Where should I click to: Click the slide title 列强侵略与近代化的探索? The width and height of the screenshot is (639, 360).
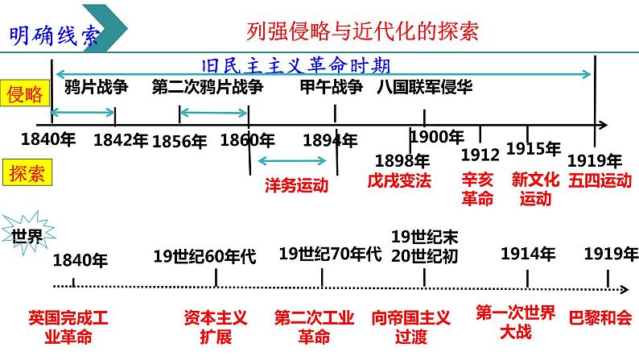click(362, 31)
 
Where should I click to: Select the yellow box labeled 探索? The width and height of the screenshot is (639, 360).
click(25, 172)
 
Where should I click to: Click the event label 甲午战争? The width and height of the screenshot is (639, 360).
click(331, 87)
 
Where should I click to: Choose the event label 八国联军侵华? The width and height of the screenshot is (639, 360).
click(425, 87)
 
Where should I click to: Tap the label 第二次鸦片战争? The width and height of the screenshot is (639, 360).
click(207, 87)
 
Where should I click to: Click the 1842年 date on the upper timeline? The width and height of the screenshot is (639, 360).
click(120, 140)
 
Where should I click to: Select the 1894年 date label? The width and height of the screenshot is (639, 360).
click(330, 140)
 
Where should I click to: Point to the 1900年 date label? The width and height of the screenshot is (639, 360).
click(437, 137)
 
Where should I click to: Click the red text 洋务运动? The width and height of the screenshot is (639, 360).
click(296, 184)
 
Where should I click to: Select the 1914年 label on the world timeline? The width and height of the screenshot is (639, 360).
click(527, 254)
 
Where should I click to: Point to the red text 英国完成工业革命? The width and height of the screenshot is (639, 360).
click(68, 326)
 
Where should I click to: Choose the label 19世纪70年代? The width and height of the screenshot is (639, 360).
click(330, 255)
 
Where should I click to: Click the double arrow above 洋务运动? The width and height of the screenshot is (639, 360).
click(291, 161)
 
